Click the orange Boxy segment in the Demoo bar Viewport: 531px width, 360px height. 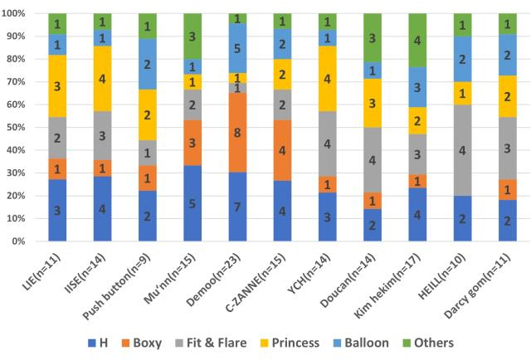click(237, 133)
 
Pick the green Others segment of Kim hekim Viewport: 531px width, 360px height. click(421, 40)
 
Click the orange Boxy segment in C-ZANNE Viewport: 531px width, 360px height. click(282, 150)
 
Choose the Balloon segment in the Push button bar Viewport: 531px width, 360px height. click(148, 64)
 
